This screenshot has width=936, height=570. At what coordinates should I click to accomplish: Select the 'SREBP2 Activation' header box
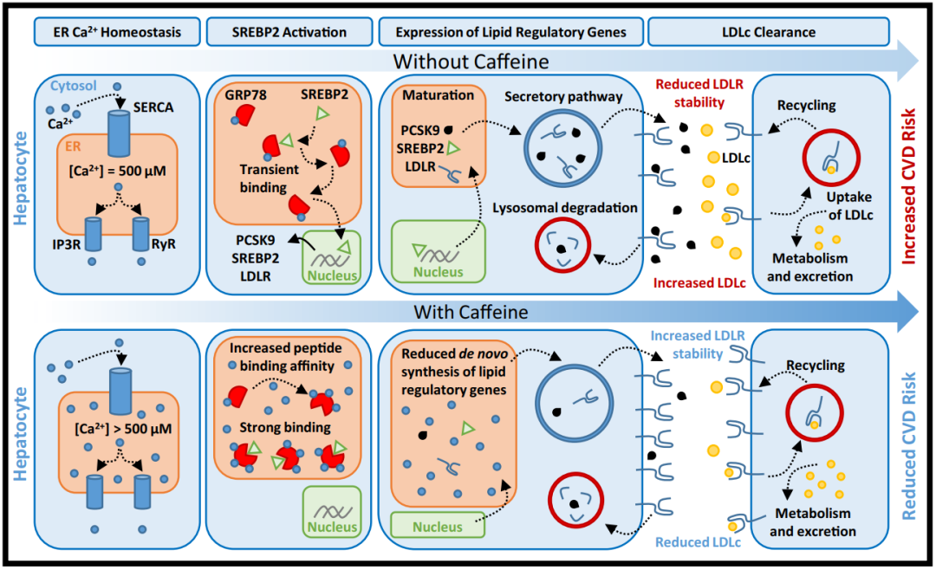coord(289,32)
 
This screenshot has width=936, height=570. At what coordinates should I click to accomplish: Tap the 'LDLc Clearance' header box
coord(769,32)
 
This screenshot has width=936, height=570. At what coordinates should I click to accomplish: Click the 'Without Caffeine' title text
coord(471,62)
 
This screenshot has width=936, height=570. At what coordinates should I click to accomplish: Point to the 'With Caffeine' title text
coord(471,312)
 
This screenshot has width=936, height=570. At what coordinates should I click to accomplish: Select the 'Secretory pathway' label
coord(555,95)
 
